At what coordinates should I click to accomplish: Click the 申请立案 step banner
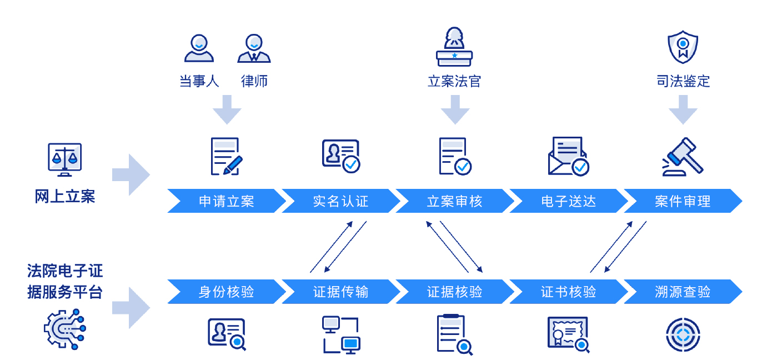tap(227, 201)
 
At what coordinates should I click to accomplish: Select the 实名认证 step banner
tap(340, 201)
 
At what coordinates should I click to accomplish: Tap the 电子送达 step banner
tap(569, 201)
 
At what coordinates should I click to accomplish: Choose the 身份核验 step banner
tap(227, 291)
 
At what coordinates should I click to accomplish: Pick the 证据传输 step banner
tap(340, 291)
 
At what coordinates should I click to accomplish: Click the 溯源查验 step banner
tap(683, 291)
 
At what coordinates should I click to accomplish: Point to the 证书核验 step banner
tap(569, 291)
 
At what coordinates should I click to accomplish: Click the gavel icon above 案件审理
tap(683, 157)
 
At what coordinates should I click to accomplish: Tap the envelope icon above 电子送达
tap(568, 156)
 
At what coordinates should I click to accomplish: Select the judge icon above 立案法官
tap(454, 47)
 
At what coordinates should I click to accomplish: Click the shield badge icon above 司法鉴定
tap(683, 47)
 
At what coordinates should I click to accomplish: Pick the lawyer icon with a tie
tap(254, 48)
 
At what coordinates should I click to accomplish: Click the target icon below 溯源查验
tap(683, 334)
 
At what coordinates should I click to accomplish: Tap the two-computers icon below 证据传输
tap(341, 335)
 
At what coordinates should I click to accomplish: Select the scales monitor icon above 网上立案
tap(64, 159)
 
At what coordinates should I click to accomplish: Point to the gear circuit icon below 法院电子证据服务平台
tap(65, 329)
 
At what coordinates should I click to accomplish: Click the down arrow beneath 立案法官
tap(455, 109)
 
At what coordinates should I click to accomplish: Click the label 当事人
tap(199, 81)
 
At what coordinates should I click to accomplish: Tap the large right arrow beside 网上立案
tap(131, 175)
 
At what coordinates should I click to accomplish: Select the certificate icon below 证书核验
tap(568, 334)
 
